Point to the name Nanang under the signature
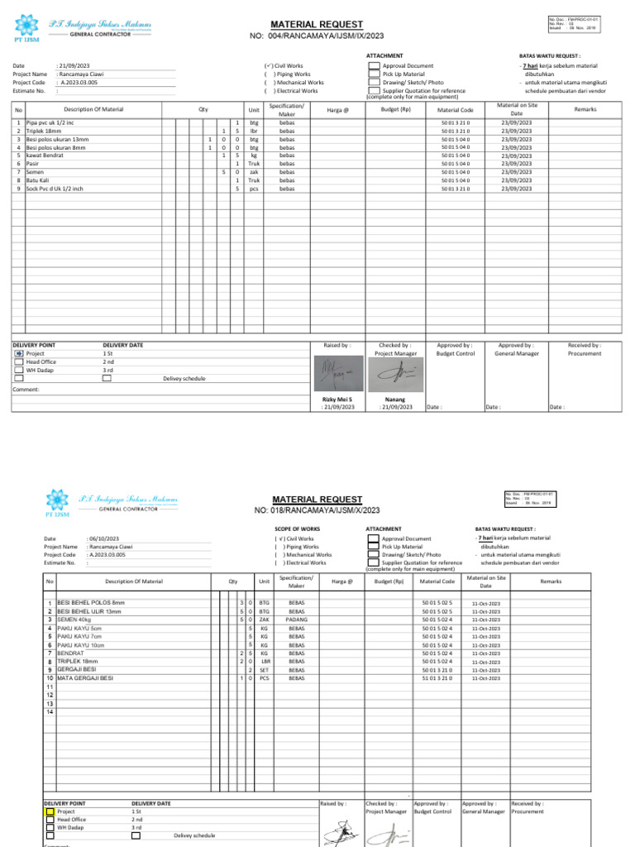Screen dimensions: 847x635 pos(395,399)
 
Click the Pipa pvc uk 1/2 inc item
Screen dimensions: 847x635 pos(50,122)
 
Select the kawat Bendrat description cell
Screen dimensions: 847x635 pos(45,156)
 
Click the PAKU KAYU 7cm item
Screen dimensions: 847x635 pos(79,636)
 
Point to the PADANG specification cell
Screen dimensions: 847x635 pos(296,620)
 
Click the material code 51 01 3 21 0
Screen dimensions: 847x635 pos(437,678)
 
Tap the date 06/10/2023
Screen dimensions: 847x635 pos(103,538)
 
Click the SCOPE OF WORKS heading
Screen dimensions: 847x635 pos(297,529)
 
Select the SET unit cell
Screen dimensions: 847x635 pos(265,670)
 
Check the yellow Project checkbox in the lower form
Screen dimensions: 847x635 pos(50,812)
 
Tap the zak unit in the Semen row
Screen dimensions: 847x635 pos(254,172)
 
